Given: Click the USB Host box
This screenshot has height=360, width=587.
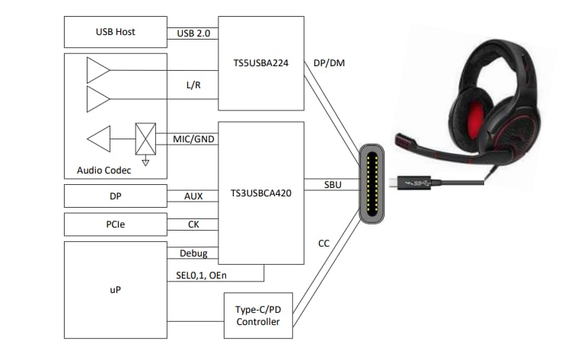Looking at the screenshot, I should coord(116,32).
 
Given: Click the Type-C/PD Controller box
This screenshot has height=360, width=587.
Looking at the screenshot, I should coord(257,316).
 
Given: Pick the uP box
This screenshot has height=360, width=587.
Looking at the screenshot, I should coord(116,290).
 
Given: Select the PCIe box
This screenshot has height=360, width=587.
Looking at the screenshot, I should coord(116,225).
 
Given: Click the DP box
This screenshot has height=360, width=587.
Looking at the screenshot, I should coord(116,196).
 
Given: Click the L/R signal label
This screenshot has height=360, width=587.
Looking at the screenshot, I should coord(193,85).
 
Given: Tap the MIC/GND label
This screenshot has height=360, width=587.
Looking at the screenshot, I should coord(193,139).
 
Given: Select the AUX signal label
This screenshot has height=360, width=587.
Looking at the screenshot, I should coord(193,196).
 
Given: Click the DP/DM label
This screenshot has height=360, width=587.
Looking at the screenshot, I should coord(328,63).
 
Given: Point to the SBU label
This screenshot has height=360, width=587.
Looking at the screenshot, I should coord(333,185).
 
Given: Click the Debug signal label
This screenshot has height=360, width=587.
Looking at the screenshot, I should coord(193,253).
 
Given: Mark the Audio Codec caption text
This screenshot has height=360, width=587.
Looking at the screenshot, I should coord(104,170).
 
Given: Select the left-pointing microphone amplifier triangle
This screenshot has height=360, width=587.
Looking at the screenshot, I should coord(99,140).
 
